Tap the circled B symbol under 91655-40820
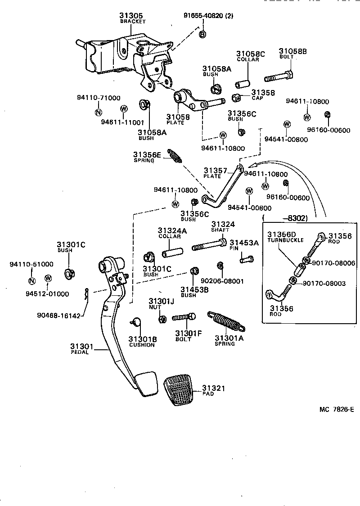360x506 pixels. (x=202, y=34)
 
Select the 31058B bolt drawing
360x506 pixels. (x=279, y=77)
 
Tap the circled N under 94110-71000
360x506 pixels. (x=98, y=113)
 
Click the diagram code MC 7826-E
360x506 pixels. (x=337, y=409)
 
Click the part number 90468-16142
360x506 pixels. (x=58, y=316)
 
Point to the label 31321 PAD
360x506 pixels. (x=213, y=390)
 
